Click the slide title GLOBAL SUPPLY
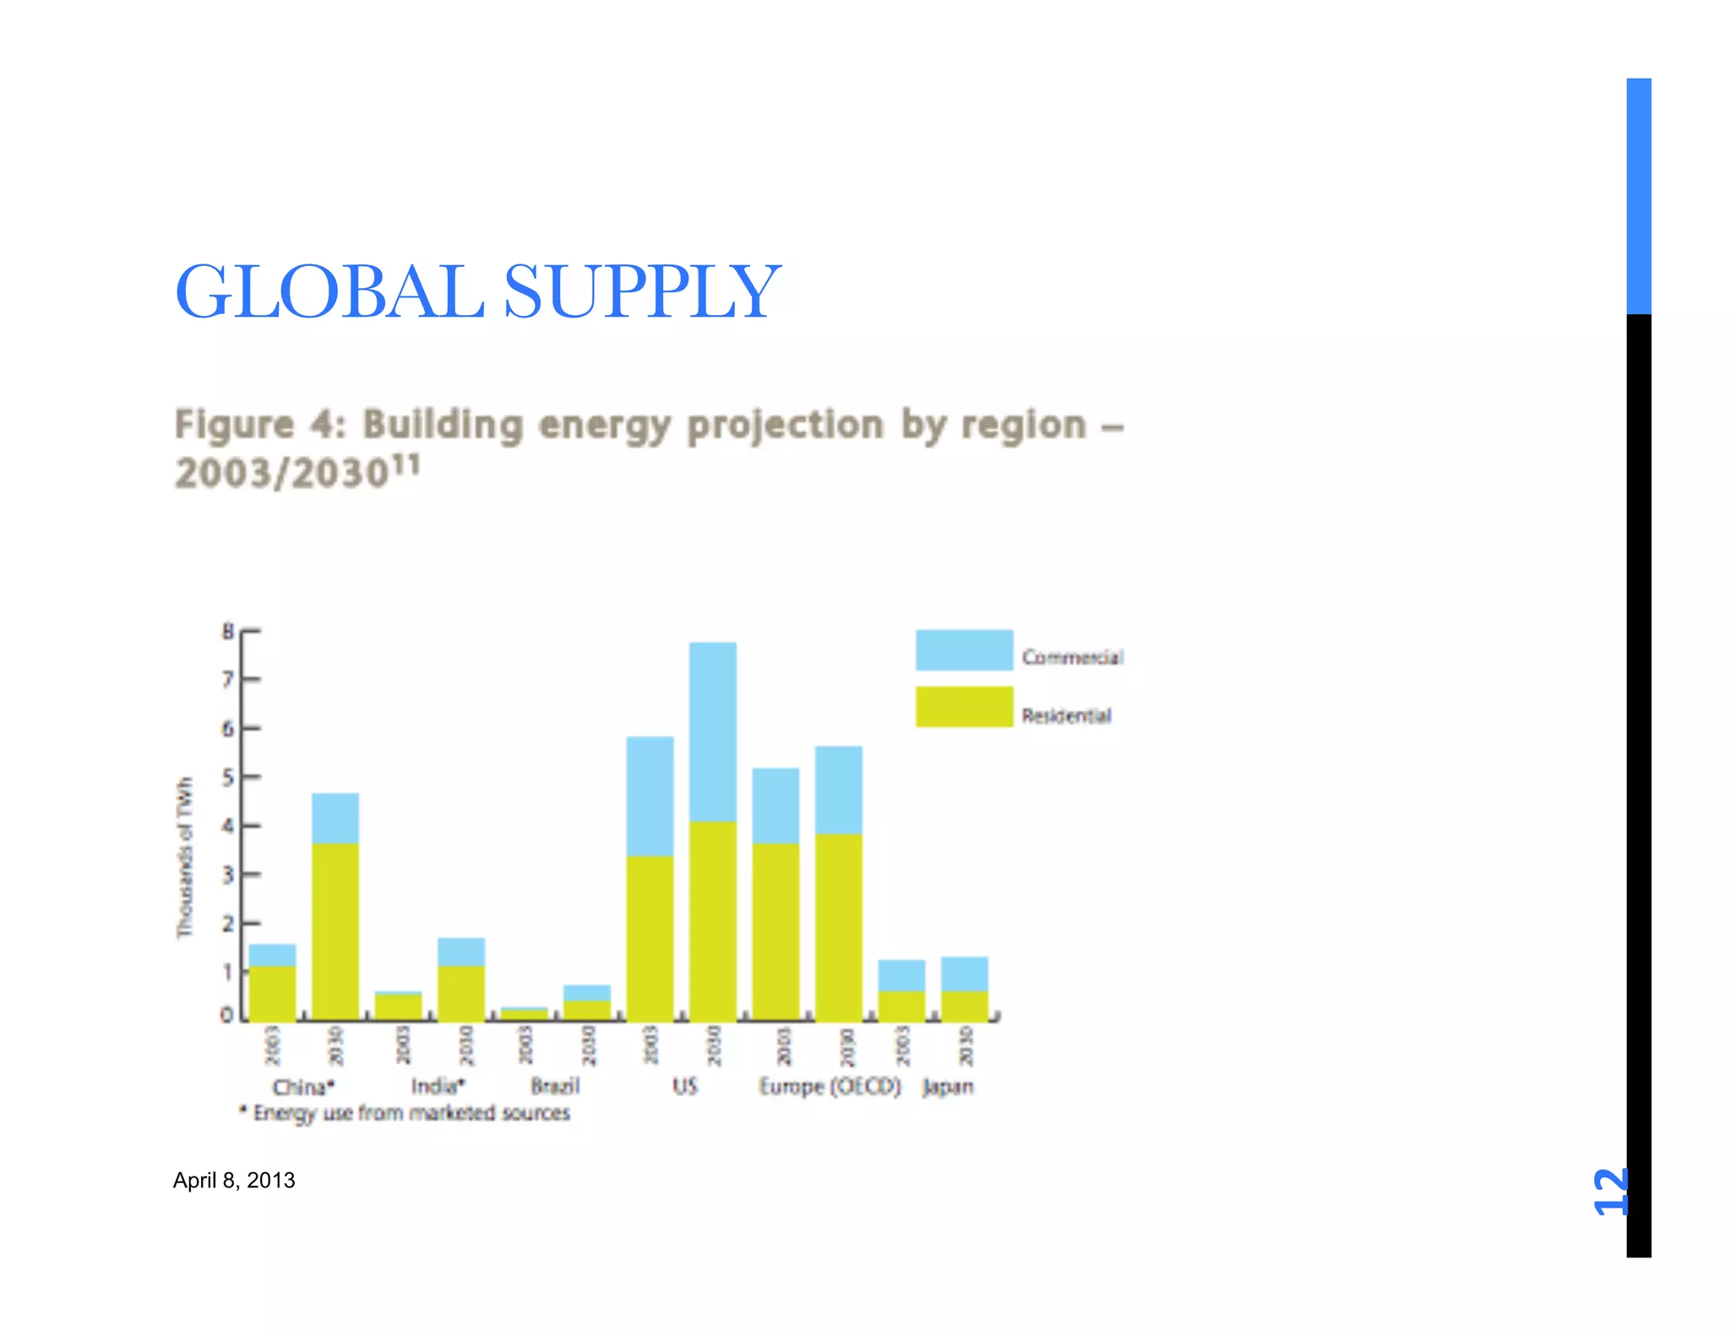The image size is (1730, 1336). [477, 291]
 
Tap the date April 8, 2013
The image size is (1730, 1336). [234, 1180]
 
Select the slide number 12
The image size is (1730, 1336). [1609, 1192]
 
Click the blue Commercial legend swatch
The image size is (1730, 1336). [964, 650]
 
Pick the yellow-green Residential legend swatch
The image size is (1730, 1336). [964, 707]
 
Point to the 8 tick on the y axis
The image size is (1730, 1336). [228, 631]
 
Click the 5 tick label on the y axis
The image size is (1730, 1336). [228, 777]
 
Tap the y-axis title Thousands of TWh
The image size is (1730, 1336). [184, 857]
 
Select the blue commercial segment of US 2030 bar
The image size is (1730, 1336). [712, 731]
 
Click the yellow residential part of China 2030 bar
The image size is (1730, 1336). [335, 929]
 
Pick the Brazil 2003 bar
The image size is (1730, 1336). [524, 1013]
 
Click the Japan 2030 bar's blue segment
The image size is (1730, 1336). [964, 974]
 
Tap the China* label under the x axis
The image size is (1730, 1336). [303, 1087]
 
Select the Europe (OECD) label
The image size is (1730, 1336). [830, 1086]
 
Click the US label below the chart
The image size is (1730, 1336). [685, 1086]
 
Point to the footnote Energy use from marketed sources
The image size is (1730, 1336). [411, 1113]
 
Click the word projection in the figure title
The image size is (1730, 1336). [785, 425]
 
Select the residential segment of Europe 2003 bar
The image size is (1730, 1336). [775, 929]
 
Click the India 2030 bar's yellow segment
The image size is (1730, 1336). [461, 992]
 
